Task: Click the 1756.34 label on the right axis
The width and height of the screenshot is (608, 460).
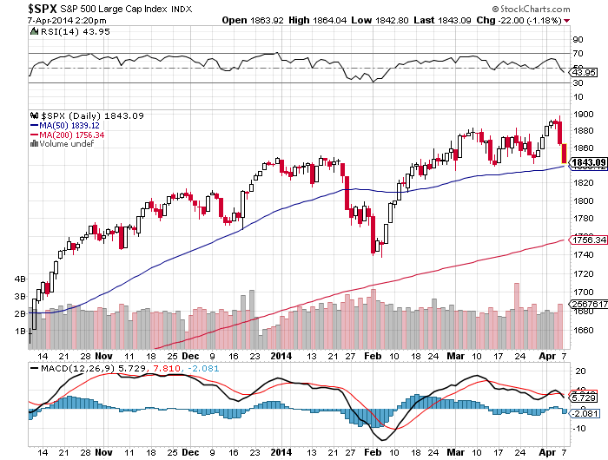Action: pyautogui.click(x=586, y=240)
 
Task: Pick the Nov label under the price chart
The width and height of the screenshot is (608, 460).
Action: pyautogui.click(x=104, y=356)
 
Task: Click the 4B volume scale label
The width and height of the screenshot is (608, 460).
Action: pyautogui.click(x=20, y=279)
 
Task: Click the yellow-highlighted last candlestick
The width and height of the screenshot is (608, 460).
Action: pyautogui.click(x=563, y=154)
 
